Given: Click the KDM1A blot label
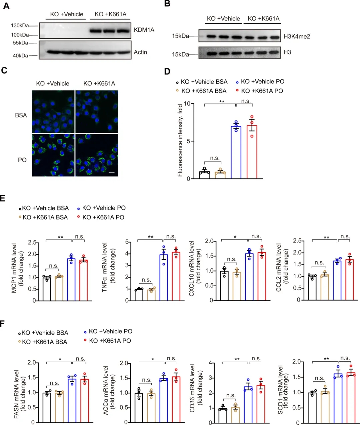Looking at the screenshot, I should pyautogui.click(x=144, y=30).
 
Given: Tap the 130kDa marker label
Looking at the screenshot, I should pyautogui.click(x=20, y=25).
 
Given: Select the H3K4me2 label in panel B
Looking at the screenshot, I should pyautogui.click(x=297, y=36).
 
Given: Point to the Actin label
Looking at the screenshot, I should pyautogui.click(x=140, y=52).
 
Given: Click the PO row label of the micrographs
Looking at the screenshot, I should pyautogui.click(x=22, y=160).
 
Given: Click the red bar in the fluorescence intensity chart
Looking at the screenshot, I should pyautogui.click(x=252, y=152).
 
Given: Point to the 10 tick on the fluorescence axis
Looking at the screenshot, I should pyautogui.click(x=187, y=104).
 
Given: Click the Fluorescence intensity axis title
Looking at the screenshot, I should pyautogui.click(x=180, y=140).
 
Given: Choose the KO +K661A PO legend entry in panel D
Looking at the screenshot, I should pyautogui.click(x=262, y=91).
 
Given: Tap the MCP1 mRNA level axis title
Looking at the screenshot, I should pyautogui.click(x=18, y=272).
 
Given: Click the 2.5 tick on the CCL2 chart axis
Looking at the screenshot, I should pyautogui.click(x=297, y=241).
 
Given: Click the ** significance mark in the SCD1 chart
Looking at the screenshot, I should pyautogui.click(x=326, y=359).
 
